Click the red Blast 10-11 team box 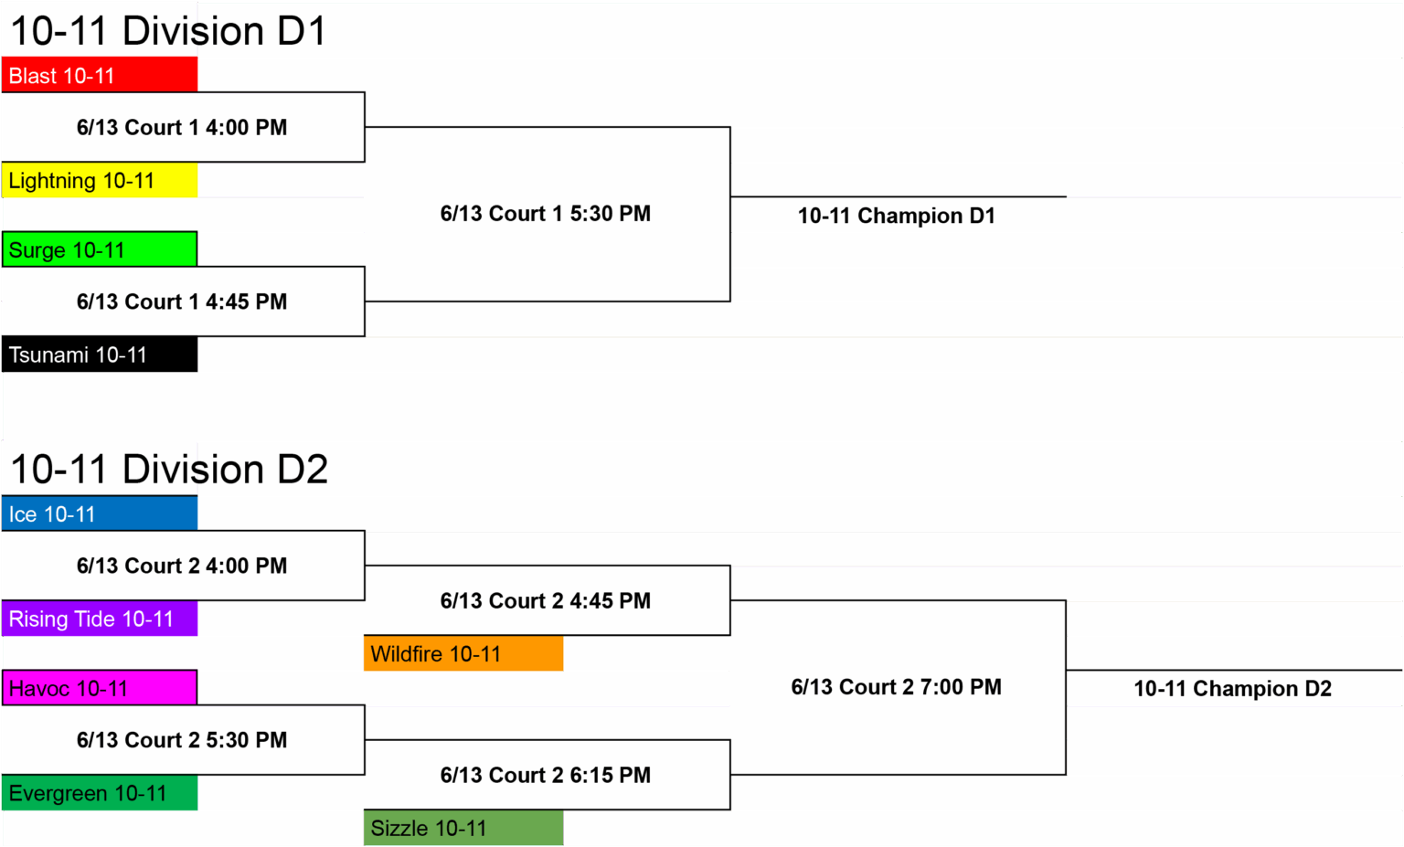(100, 75)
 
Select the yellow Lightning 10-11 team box (100, 180)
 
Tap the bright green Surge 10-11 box (100, 249)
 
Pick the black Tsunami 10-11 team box (100, 355)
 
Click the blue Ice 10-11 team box (100, 513)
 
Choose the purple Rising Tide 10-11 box (100, 619)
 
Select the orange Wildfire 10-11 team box (463, 653)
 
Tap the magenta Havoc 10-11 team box (100, 688)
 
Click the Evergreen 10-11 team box (100, 793)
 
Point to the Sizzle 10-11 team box (463, 828)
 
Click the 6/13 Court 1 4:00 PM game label (182, 127)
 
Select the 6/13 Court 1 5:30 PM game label (546, 214)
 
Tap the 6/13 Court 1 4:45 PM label (182, 302)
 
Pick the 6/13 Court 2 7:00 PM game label (897, 687)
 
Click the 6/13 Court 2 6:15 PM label (546, 775)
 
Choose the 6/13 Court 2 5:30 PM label (182, 740)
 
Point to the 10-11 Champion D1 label (897, 216)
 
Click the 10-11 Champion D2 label (1233, 689)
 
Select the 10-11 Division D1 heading (168, 31)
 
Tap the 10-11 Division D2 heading (169, 470)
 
